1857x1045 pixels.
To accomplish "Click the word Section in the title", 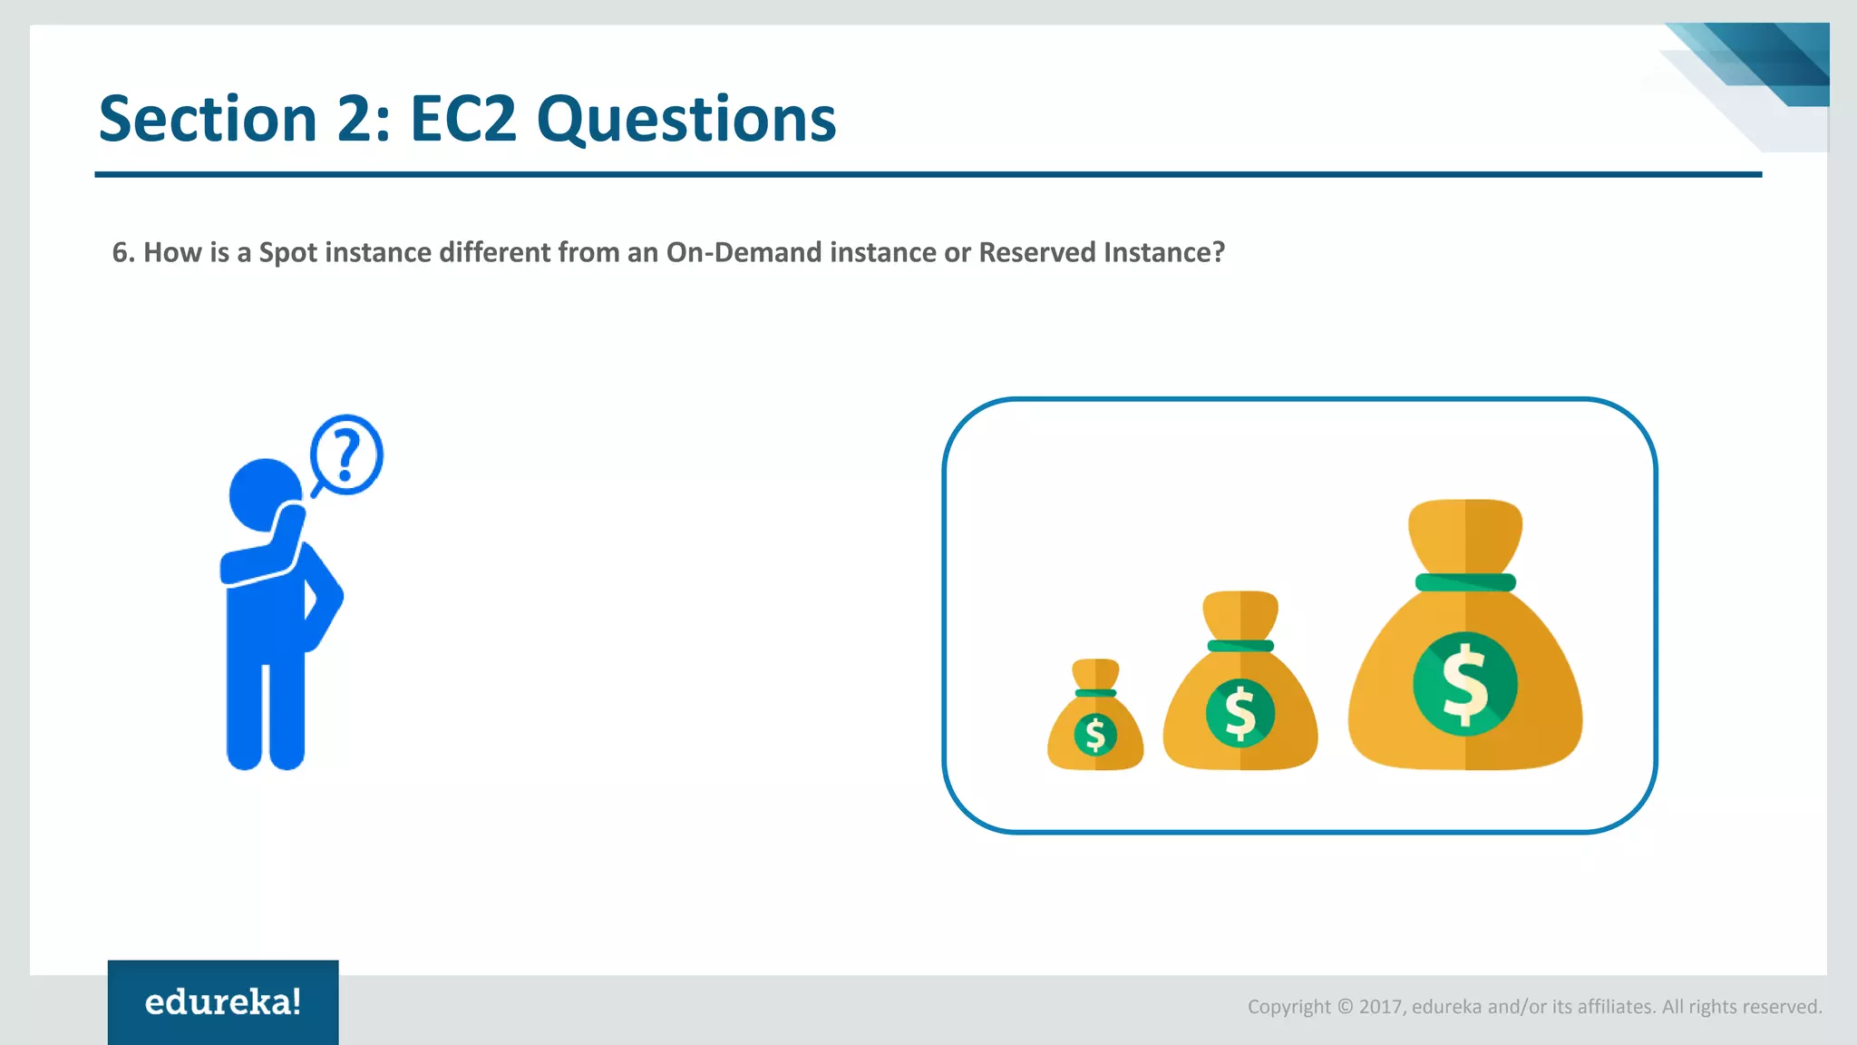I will click(x=208, y=119).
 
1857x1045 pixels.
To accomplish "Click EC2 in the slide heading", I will click(x=462, y=119).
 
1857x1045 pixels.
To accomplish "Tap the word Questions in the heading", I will click(x=686, y=121).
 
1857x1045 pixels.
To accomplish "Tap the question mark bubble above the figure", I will click(x=346, y=454).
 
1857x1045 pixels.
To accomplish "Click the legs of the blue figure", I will click(x=265, y=717).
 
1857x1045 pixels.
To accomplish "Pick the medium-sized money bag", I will click(x=1240, y=689).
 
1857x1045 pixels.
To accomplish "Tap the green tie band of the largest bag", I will click(x=1465, y=582).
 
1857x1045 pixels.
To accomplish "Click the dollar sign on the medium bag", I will click(x=1240, y=713).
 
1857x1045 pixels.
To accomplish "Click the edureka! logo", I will click(x=223, y=1002).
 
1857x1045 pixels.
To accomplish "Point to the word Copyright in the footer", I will click(x=1288, y=1007).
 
